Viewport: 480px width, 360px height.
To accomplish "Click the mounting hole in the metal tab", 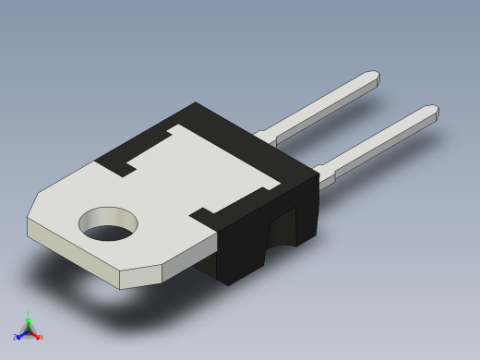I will (x=108, y=224).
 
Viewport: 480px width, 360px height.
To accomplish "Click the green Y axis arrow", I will (x=28, y=319).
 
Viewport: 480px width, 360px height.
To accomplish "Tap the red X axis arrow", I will (x=36, y=335).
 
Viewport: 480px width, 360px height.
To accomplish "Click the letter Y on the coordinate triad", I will (x=29, y=313).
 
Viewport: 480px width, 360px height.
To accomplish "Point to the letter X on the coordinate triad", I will (x=41, y=337).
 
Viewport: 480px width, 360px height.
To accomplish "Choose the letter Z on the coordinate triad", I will (x=16, y=337).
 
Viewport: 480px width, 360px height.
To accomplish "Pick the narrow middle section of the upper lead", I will (x=323, y=104).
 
